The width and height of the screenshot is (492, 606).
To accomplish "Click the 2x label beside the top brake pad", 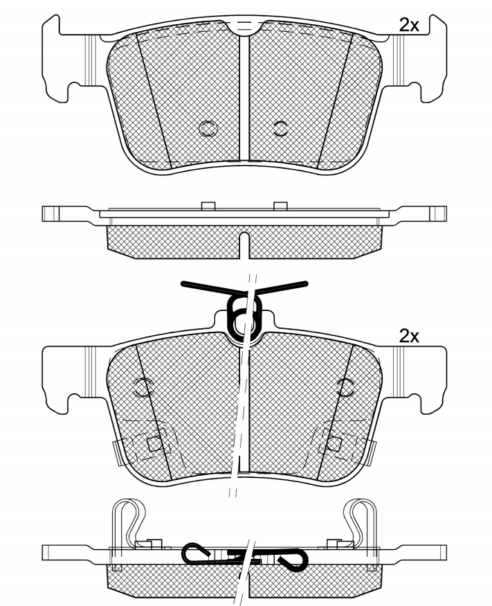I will coord(410,26).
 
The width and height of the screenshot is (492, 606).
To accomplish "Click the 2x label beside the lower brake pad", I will coord(410,337).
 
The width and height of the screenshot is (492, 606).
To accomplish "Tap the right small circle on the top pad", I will coord(280,127).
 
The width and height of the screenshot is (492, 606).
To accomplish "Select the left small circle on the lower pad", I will coord(145,388).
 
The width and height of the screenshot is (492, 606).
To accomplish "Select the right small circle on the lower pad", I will coord(345,388).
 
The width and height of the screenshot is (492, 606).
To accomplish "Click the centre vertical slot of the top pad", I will coord(244,97).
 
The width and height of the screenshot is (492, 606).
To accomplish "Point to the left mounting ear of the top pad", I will coord(66,59).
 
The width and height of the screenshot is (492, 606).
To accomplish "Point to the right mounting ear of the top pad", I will coord(422,59).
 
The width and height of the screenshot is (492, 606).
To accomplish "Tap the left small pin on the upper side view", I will coord(206,206).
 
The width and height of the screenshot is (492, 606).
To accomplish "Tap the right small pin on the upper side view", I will coord(280,206).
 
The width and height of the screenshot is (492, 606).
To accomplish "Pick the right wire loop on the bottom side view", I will coord(361,519).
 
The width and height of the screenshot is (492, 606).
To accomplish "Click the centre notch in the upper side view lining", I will coord(244,243).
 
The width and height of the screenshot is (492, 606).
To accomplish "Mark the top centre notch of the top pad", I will coord(244,28).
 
